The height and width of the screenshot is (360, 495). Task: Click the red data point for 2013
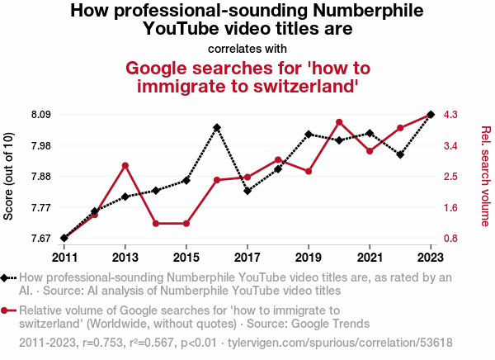click(x=125, y=166)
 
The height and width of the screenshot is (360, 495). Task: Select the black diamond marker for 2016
click(x=216, y=128)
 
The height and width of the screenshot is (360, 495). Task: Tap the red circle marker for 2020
click(x=339, y=122)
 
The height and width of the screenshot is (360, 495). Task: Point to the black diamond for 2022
click(x=400, y=155)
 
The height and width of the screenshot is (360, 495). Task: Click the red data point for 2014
click(x=156, y=224)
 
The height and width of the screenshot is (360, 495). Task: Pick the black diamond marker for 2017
click(x=247, y=191)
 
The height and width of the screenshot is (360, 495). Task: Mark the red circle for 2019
click(x=309, y=171)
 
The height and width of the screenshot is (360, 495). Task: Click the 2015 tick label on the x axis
click(x=186, y=258)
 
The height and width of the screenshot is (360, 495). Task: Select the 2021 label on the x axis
click(x=370, y=258)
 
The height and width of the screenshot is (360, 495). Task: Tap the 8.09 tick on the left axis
click(x=41, y=115)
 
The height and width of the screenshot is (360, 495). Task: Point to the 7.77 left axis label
click(x=41, y=208)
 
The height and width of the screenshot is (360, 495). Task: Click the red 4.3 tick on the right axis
click(x=450, y=115)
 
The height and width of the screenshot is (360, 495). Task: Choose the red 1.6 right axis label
click(x=450, y=208)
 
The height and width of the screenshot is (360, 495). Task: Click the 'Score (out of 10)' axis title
click(x=8, y=177)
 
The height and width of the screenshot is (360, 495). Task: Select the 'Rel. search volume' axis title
click(x=486, y=177)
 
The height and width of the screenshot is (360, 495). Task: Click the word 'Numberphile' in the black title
click(x=368, y=11)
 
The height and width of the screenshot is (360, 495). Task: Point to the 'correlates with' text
click(x=247, y=49)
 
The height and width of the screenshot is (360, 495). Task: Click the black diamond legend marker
click(x=4, y=278)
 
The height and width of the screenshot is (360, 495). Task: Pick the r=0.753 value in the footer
click(x=102, y=343)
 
